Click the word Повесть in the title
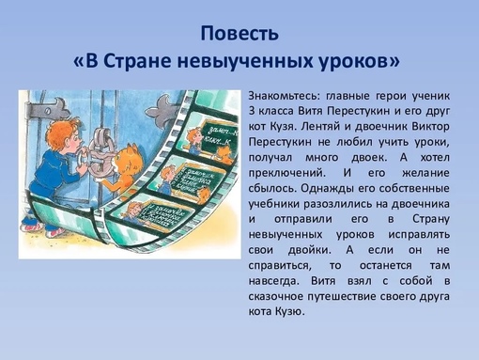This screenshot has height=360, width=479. [239, 35]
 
